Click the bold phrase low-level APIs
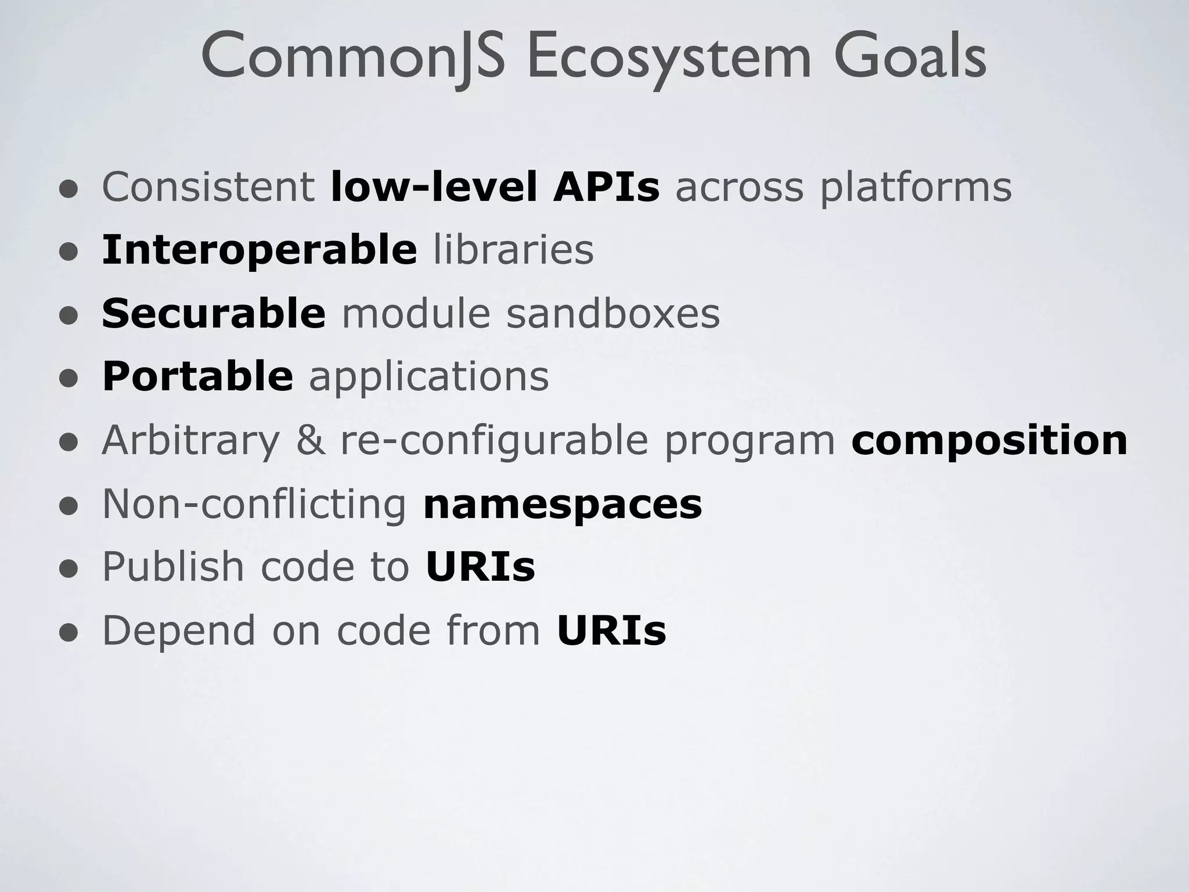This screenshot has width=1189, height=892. click(x=495, y=187)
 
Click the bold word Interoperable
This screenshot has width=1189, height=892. click(x=259, y=250)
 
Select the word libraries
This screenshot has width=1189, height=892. click(x=513, y=250)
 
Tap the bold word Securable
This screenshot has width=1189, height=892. click(x=214, y=314)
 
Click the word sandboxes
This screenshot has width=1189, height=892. click(x=612, y=314)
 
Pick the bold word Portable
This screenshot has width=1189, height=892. click(x=197, y=376)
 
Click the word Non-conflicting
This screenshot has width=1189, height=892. click(x=254, y=504)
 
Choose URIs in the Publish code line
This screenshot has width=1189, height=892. click(x=480, y=567)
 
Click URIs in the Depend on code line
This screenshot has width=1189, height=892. click(x=611, y=631)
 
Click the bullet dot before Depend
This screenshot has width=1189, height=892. click(x=69, y=634)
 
